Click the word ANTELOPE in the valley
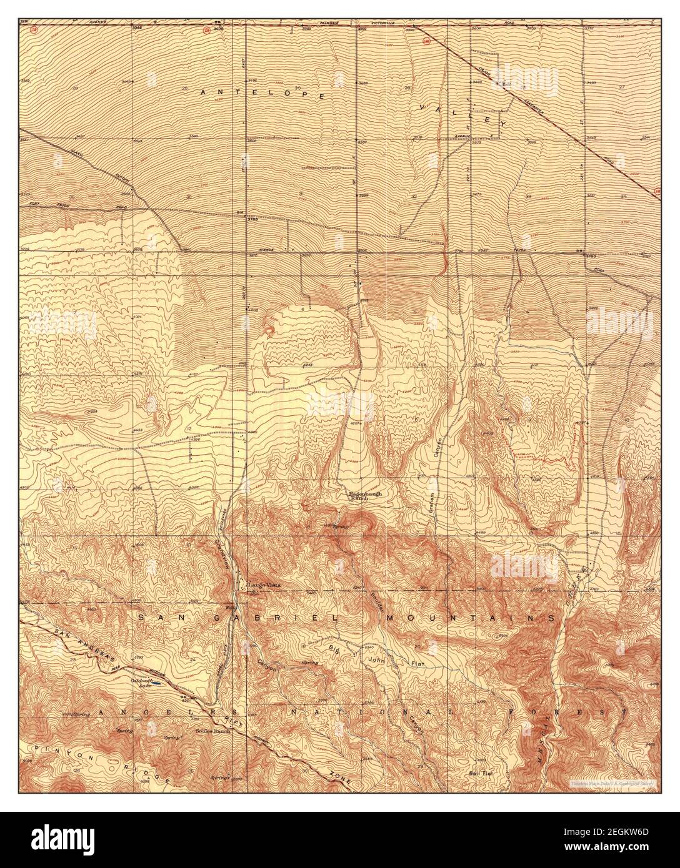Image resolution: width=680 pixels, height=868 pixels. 262,94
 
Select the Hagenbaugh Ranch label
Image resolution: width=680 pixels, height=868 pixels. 364,496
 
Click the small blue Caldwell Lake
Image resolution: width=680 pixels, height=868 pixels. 157,684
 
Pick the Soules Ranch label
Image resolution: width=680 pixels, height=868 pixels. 212,731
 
